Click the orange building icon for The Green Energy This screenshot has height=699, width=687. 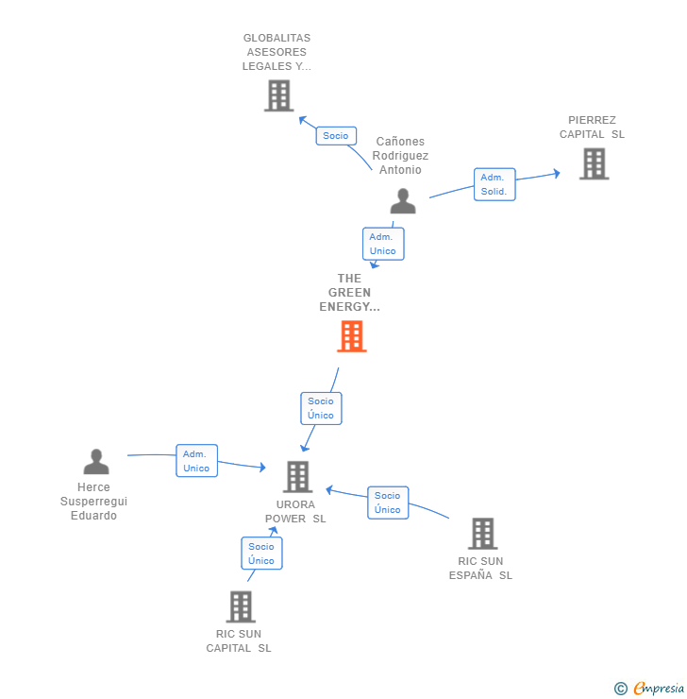[351, 336]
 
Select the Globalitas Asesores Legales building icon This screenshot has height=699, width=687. [278, 95]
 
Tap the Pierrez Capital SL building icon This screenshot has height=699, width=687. [594, 163]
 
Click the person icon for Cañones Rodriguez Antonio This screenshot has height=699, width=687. [403, 201]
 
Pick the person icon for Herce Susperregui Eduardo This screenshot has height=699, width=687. [96, 462]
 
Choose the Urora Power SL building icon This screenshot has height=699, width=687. [297, 477]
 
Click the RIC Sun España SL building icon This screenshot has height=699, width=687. [482, 534]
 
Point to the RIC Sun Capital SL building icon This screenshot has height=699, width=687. [241, 606]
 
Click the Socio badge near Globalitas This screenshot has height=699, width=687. [335, 136]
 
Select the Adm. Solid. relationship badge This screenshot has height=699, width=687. [494, 184]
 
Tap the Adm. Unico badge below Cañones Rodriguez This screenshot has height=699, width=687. [383, 244]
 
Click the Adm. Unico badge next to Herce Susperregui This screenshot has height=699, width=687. [196, 461]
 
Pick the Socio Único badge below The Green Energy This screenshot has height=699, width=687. [321, 408]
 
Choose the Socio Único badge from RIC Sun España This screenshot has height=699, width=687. [387, 503]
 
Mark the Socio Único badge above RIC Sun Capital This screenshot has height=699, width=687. [261, 554]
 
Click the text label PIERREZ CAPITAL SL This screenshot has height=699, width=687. [592, 128]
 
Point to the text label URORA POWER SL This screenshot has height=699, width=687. [295, 512]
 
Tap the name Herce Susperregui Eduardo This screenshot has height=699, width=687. [94, 502]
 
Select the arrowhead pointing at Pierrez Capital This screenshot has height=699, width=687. [557, 173]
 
